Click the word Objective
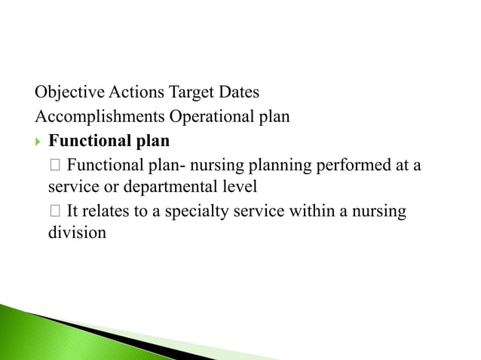[70, 93]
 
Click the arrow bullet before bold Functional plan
[39, 141]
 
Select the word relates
[107, 211]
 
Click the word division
[78, 233]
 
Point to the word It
[73, 211]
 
